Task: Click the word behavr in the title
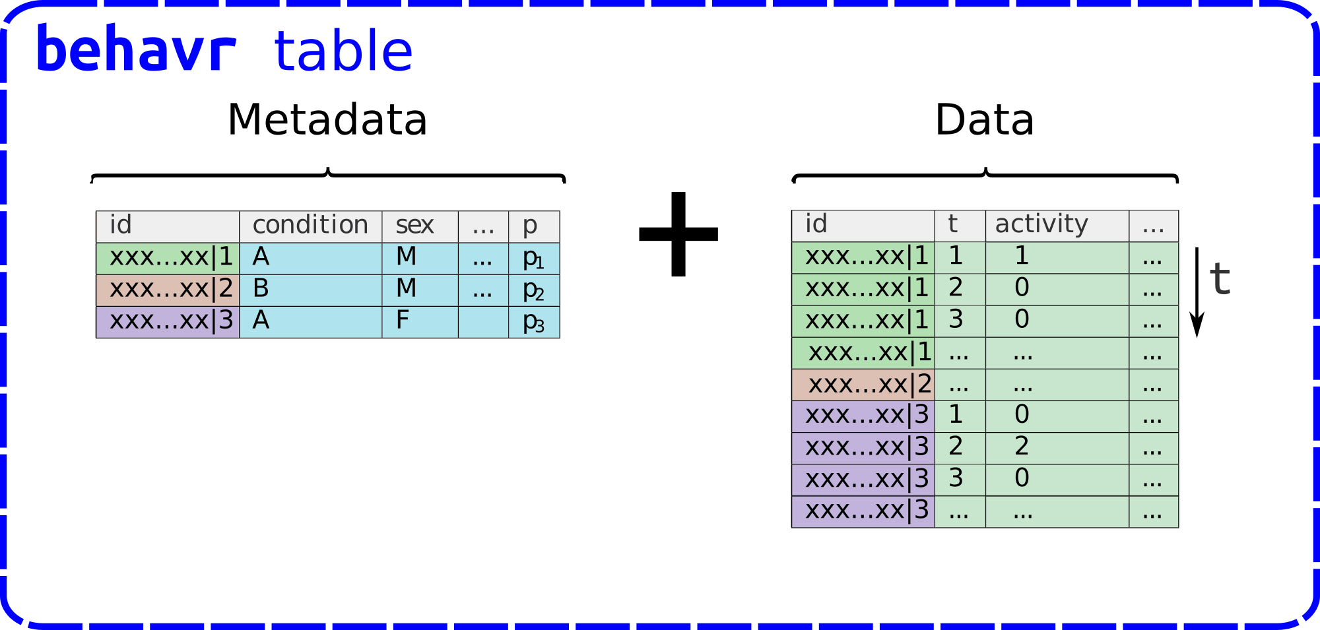[x=136, y=49]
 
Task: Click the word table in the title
[x=343, y=51]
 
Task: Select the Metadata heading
[x=327, y=120]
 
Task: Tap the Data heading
[x=984, y=120]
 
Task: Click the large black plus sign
[x=678, y=234]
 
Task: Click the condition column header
[x=310, y=226]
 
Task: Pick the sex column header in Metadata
[x=414, y=226]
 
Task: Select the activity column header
[x=1041, y=225]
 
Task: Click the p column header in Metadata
[x=531, y=226]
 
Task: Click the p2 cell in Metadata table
[x=533, y=290]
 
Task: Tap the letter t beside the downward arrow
[x=1220, y=278]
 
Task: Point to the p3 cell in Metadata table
[x=533, y=323]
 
